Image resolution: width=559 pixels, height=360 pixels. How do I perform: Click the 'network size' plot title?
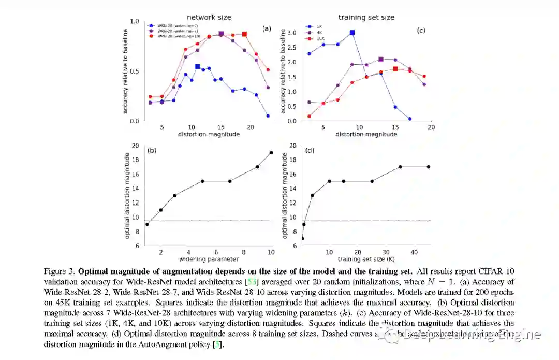(x=209, y=17)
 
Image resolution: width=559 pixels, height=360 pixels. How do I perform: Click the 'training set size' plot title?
(x=366, y=17)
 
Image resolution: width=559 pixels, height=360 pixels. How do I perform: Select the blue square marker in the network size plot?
(x=197, y=67)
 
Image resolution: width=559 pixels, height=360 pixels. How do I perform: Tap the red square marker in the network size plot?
(x=245, y=34)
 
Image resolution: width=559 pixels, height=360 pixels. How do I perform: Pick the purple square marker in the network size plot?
(x=221, y=34)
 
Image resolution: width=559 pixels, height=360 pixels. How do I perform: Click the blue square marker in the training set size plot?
(x=352, y=32)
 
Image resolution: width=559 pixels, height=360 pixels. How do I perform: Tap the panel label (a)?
(x=267, y=28)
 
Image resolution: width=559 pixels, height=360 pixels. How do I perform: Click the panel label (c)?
(x=421, y=31)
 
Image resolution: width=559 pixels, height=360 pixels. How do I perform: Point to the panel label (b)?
(x=152, y=151)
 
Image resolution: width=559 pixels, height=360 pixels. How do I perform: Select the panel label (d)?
(x=310, y=151)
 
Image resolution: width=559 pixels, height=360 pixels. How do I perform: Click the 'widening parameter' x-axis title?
(x=209, y=259)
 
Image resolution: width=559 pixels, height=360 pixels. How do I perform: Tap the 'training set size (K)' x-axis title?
(x=366, y=259)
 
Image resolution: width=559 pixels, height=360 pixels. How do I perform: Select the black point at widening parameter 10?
(x=271, y=152)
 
